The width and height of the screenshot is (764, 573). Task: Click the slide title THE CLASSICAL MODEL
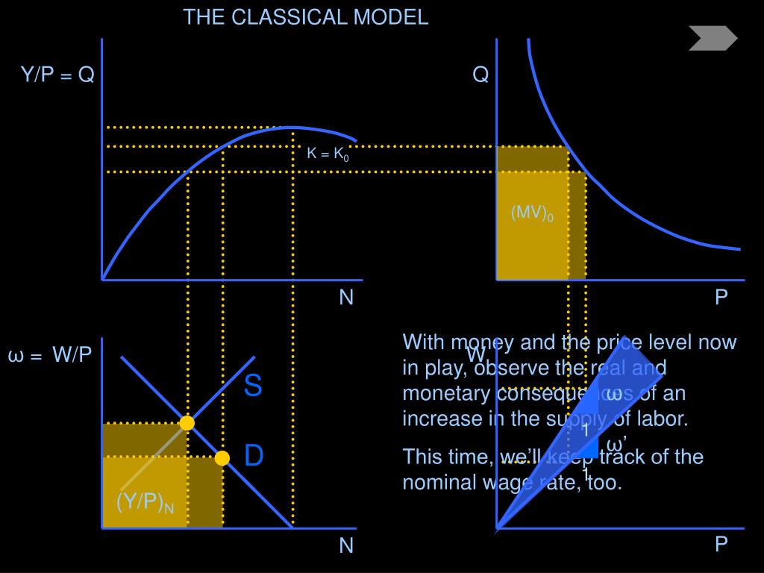306,17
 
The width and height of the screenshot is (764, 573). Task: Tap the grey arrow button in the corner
713,38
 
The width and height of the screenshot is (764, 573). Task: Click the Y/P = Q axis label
57,75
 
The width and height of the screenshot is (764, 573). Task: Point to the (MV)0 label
532,213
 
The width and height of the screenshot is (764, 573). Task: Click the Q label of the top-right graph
480,75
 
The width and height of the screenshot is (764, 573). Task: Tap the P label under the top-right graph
721,298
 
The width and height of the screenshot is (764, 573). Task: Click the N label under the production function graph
346,298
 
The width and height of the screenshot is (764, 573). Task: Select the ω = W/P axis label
50,355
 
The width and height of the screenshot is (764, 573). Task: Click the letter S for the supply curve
253,386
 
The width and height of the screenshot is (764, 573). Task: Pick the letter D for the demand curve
254,456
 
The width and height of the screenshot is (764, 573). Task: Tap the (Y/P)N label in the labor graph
145,503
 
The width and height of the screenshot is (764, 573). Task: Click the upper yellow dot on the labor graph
187,423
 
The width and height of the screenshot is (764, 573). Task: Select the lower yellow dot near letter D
222,458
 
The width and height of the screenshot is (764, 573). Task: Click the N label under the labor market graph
346,546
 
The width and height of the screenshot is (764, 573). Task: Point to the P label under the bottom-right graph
721,545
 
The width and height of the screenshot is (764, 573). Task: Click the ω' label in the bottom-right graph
616,445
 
